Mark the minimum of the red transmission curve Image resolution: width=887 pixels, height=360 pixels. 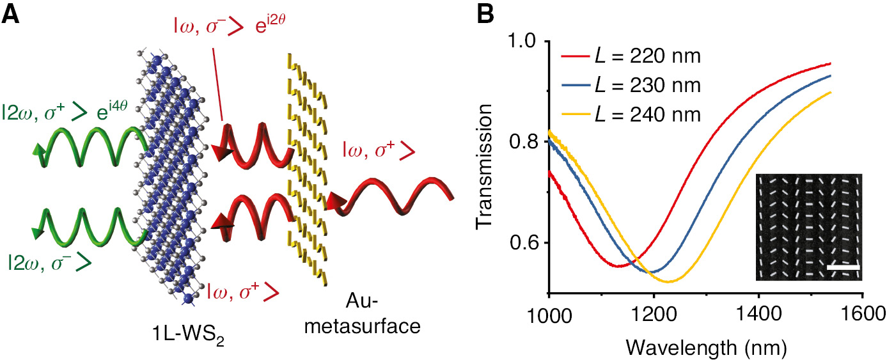(x=618, y=266)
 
